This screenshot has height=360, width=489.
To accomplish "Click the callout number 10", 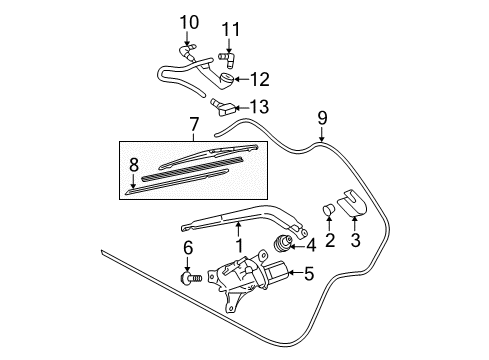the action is pos(189,22).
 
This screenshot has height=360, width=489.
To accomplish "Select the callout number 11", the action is pos(231,30).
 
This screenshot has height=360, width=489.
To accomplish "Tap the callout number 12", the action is pos(260,79).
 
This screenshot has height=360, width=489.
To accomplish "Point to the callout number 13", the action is pos(259,107).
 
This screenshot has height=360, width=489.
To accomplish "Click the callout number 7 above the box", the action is pos(194,124).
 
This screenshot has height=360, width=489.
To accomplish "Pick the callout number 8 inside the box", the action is pos(134,165).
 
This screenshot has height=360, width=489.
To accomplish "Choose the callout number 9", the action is pos(322,118).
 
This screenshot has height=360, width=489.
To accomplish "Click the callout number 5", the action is pos(309,273).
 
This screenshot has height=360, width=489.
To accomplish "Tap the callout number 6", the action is pos(188,248).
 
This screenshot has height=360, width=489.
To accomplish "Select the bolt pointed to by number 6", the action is pos(192,278).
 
